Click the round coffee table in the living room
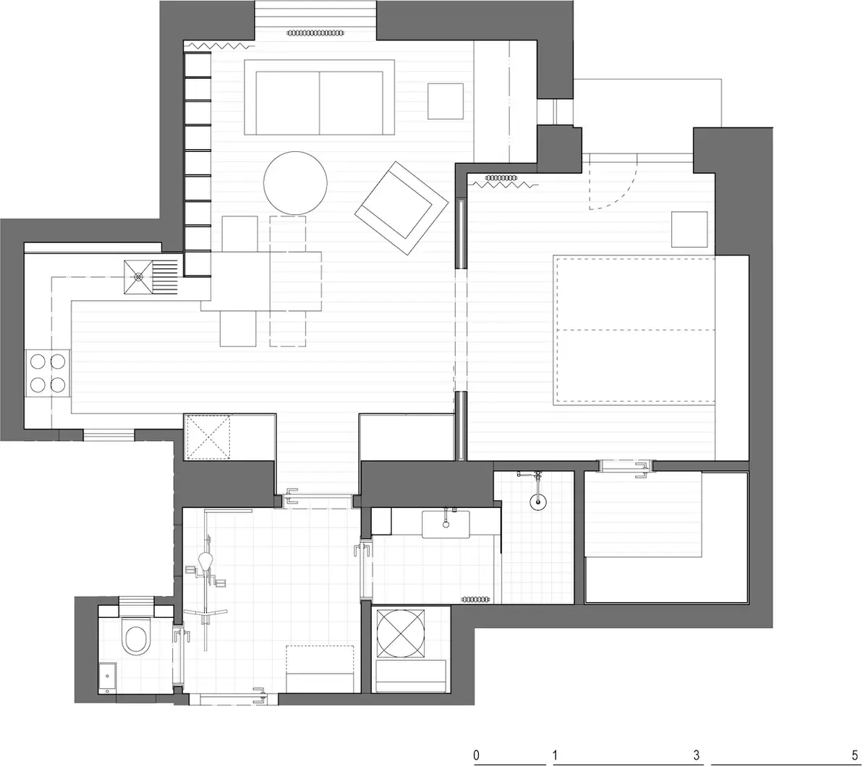295,183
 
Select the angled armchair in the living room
401,208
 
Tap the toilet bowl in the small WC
136,635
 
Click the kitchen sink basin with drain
138,277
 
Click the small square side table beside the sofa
446,101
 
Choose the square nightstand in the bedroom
689,229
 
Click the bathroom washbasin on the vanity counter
446,525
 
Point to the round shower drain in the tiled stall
538,501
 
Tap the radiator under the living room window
316,33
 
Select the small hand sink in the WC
107,678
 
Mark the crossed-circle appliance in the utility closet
401,634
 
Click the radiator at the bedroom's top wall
501,177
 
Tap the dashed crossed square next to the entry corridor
209,437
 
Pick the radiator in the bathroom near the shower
475,599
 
